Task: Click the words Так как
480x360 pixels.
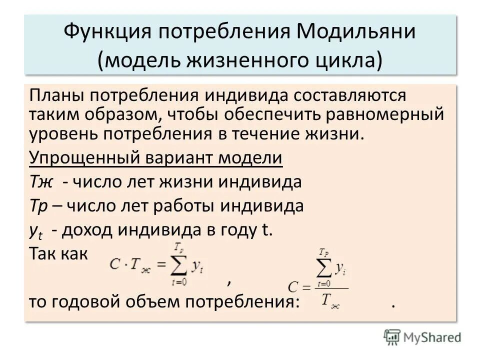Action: (58, 253)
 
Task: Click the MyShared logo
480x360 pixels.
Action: (422, 337)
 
